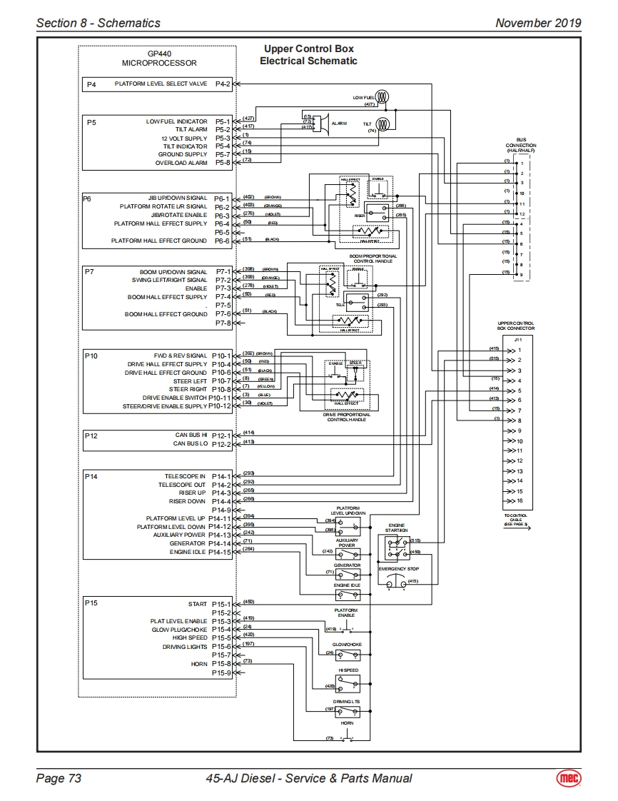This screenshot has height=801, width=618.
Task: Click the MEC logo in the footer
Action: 569,778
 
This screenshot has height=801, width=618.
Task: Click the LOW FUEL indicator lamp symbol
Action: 382,97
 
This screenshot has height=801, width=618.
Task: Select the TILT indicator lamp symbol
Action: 383,124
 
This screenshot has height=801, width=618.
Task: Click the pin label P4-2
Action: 223,84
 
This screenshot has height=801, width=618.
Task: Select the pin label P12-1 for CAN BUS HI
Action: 222,434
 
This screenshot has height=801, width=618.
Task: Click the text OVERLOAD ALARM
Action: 181,163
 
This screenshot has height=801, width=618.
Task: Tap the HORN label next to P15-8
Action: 199,663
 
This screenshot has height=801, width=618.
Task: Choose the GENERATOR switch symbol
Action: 348,574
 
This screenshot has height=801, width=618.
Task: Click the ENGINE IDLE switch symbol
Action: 348,594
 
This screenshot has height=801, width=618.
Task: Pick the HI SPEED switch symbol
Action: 348,684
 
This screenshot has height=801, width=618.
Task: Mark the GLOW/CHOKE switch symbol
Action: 348,654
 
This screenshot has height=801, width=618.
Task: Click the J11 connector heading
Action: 518,340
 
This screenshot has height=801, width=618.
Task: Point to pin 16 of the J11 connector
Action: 520,501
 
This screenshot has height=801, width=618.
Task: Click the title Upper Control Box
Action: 308,49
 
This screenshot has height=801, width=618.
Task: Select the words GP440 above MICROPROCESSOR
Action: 159,54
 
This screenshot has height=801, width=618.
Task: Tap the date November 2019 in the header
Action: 538,23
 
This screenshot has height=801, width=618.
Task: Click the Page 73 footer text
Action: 59,778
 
